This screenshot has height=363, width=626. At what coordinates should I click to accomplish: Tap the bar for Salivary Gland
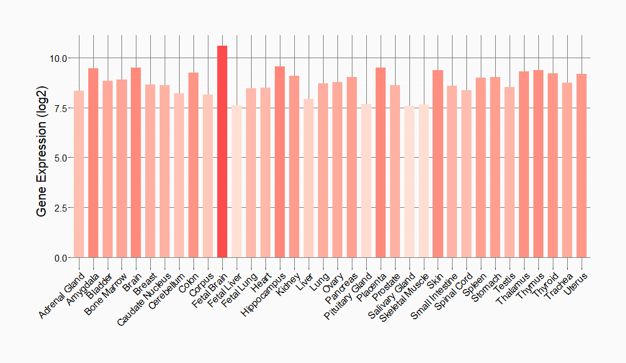click(x=409, y=181)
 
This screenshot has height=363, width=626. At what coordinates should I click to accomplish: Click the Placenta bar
click(x=381, y=162)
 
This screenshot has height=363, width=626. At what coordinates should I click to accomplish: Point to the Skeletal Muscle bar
click(x=423, y=181)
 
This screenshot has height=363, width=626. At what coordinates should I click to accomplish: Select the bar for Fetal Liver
click(x=237, y=181)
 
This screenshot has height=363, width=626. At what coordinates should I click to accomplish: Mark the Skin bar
click(x=438, y=163)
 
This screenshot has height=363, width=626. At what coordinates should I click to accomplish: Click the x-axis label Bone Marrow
click(x=108, y=295)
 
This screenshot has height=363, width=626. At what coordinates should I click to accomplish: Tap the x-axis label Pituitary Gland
click(x=349, y=297)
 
